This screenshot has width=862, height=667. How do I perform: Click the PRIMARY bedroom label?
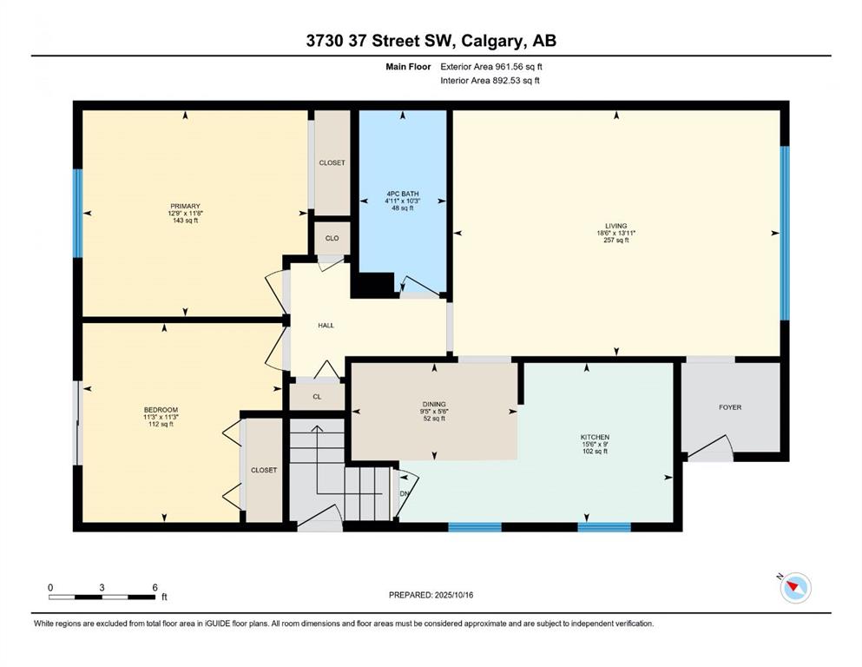(185, 206)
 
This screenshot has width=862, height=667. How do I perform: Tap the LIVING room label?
(615, 226)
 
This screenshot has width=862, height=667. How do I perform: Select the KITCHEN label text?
(595, 437)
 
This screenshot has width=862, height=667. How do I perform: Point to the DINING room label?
(434, 404)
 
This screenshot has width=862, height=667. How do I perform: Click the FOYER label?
(730, 407)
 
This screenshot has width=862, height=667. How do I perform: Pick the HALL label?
(326, 326)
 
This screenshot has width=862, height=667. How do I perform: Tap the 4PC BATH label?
(403, 194)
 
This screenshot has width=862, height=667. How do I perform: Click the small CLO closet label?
(332, 238)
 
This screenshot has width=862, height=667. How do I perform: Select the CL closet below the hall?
(317, 396)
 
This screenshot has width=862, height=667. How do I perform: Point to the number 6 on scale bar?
(155, 587)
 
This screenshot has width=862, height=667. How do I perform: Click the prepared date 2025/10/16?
(453, 595)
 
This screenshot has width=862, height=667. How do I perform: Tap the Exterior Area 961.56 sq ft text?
(491, 67)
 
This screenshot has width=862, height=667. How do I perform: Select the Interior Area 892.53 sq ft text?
(490, 80)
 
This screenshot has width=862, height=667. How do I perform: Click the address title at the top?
(431, 41)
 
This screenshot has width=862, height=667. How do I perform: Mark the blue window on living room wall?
(785, 233)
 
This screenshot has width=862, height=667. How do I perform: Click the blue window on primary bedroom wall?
(77, 213)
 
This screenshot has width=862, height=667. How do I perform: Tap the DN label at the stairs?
(405, 494)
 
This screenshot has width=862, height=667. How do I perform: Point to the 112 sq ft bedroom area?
(161, 424)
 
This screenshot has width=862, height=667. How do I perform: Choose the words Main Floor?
(408, 67)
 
